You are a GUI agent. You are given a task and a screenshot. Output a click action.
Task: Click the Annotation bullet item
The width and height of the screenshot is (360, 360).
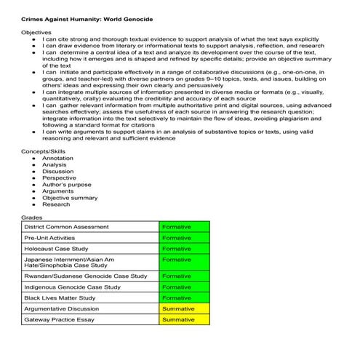(57, 158)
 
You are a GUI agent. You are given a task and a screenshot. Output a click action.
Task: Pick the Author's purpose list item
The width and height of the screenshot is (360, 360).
(67, 185)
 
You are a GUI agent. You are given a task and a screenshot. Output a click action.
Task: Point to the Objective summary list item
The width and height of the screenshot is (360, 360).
(70, 198)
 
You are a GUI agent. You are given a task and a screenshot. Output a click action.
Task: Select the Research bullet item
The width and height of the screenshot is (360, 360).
(56, 204)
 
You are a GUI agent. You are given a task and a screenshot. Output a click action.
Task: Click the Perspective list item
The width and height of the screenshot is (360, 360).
(59, 178)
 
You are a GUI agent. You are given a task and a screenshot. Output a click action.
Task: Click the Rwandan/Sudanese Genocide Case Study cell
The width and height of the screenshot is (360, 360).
(85, 276)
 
